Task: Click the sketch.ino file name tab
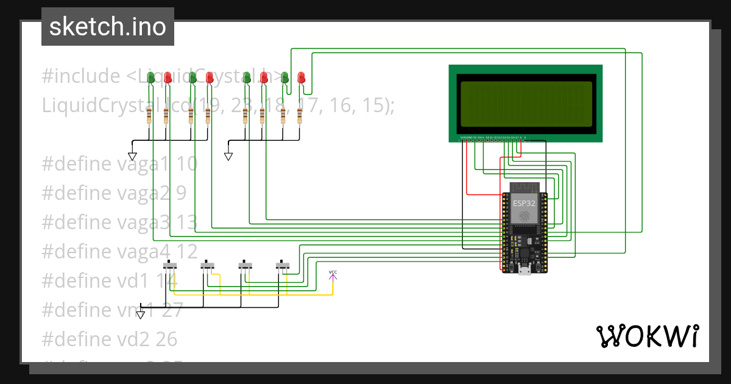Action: pyautogui.click(x=107, y=27)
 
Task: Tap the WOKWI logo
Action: pyautogui.click(x=647, y=336)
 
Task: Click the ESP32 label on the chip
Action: pyautogui.click(x=524, y=203)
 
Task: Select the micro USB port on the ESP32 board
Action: pyautogui.click(x=524, y=269)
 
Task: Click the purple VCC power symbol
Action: pyautogui.click(x=333, y=276)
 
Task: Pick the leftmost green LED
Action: pyautogui.click(x=150, y=77)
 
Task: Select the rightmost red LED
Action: pyautogui.click(x=301, y=77)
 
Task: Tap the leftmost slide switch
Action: pyautogui.click(x=171, y=266)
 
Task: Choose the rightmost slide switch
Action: pyautogui.click(x=282, y=266)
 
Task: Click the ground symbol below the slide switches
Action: pyautogui.click(x=141, y=314)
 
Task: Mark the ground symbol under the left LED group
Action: pyautogui.click(x=132, y=156)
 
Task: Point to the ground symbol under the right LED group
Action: pyautogui.click(x=228, y=156)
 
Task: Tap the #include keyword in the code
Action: pyautogui.click(x=81, y=77)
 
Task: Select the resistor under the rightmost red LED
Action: pyautogui.click(x=300, y=115)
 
